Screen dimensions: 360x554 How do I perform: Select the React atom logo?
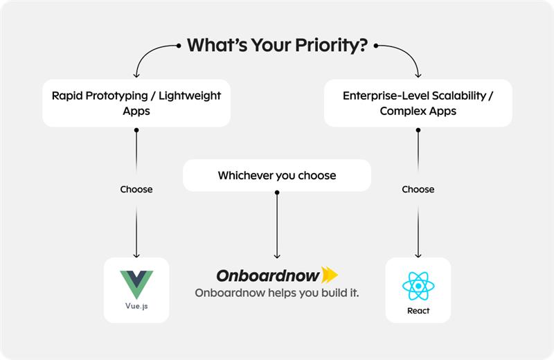point(418,286)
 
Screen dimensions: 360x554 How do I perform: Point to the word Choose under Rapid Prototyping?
point(136,189)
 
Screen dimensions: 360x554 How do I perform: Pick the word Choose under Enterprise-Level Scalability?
point(418,189)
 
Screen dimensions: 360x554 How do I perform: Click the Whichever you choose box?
point(277,176)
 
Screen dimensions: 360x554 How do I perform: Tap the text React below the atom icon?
point(418,311)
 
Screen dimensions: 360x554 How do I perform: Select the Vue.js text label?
point(136,305)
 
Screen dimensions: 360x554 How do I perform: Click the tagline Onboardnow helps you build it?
point(277,293)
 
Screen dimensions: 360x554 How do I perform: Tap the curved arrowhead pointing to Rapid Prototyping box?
point(136,74)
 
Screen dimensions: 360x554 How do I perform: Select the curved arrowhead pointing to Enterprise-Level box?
point(418,74)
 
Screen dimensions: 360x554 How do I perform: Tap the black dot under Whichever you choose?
point(277,192)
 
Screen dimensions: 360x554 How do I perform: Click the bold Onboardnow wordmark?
point(268,276)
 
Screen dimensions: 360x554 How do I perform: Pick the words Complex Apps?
point(418,111)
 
